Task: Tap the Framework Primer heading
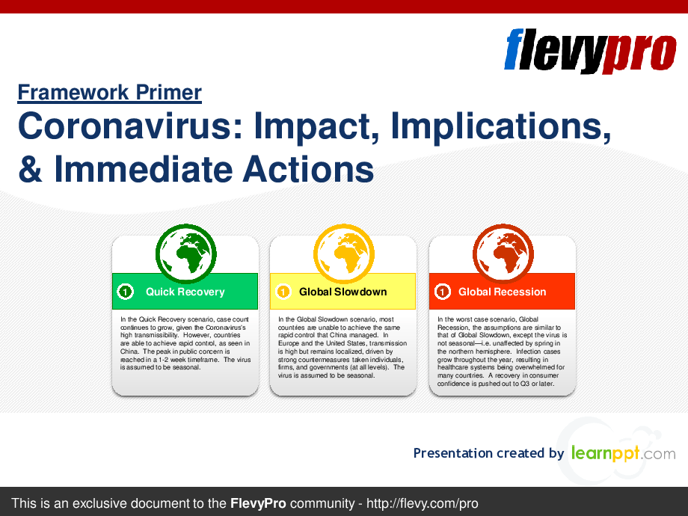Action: [x=110, y=93]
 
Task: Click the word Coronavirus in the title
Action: [x=130, y=126]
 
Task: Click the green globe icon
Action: [x=186, y=254]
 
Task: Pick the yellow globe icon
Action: [x=343, y=254]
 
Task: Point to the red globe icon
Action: [x=503, y=254]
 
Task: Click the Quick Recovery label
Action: [x=185, y=292]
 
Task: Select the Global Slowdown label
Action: [x=343, y=292]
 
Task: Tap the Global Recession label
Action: [x=502, y=292]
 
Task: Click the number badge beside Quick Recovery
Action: [x=126, y=292]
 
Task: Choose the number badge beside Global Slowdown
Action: [x=283, y=292]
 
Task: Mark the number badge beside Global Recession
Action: [x=442, y=292]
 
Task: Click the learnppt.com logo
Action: [x=624, y=453]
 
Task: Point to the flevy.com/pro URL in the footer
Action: [x=422, y=503]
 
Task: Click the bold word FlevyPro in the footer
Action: [x=258, y=503]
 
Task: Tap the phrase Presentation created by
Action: [x=488, y=453]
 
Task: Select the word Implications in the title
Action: [x=500, y=126]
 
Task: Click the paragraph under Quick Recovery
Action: [x=185, y=343]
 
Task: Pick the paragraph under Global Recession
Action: [x=502, y=351]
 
